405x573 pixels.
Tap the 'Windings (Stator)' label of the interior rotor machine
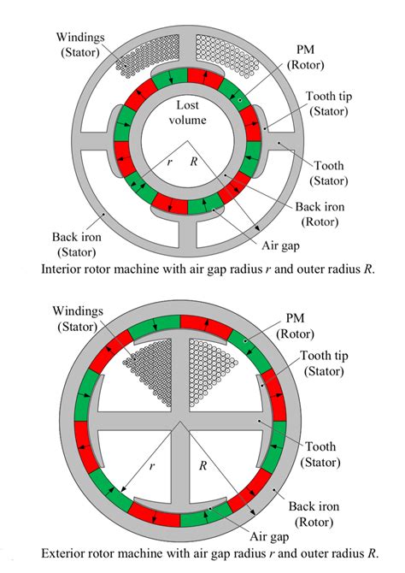pos(79,44)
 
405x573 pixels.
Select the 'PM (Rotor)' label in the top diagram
pos(305,56)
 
